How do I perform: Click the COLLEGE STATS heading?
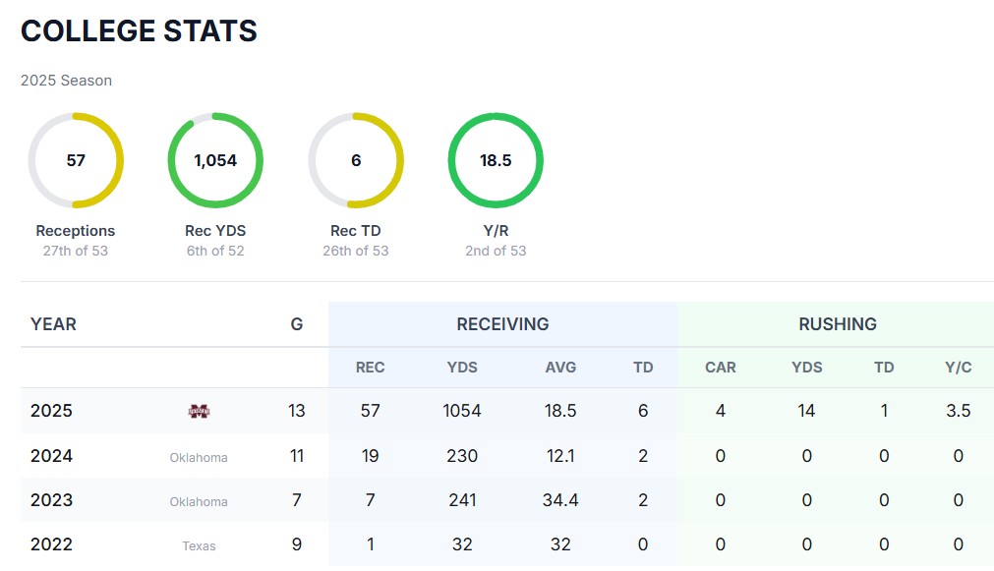pyautogui.click(x=139, y=31)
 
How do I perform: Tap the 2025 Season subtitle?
pyautogui.click(x=66, y=81)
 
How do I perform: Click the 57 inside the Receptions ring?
pyautogui.click(x=76, y=160)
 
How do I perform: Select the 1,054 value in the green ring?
pyautogui.click(x=215, y=160)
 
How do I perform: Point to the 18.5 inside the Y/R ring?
pyautogui.click(x=496, y=160)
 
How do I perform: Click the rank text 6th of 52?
pyautogui.click(x=215, y=251)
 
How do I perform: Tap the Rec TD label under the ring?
pyautogui.click(x=356, y=231)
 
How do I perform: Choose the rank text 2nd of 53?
pyautogui.click(x=496, y=251)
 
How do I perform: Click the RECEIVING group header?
pyautogui.click(x=502, y=323)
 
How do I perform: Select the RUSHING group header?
pyautogui.click(x=838, y=323)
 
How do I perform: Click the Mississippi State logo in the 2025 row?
pyautogui.click(x=199, y=411)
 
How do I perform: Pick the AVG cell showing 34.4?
pyautogui.click(x=560, y=500)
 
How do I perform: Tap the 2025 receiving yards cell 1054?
pyautogui.click(x=462, y=411)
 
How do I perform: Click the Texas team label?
pyautogui.click(x=199, y=545)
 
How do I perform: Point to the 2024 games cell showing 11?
pyautogui.click(x=297, y=456)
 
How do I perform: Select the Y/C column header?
pyautogui.click(x=959, y=368)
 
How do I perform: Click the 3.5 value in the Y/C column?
pyautogui.click(x=959, y=411)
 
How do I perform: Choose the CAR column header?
pyautogui.click(x=721, y=368)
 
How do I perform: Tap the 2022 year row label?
pyautogui.click(x=51, y=544)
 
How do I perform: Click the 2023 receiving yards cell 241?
pyautogui.click(x=462, y=500)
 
